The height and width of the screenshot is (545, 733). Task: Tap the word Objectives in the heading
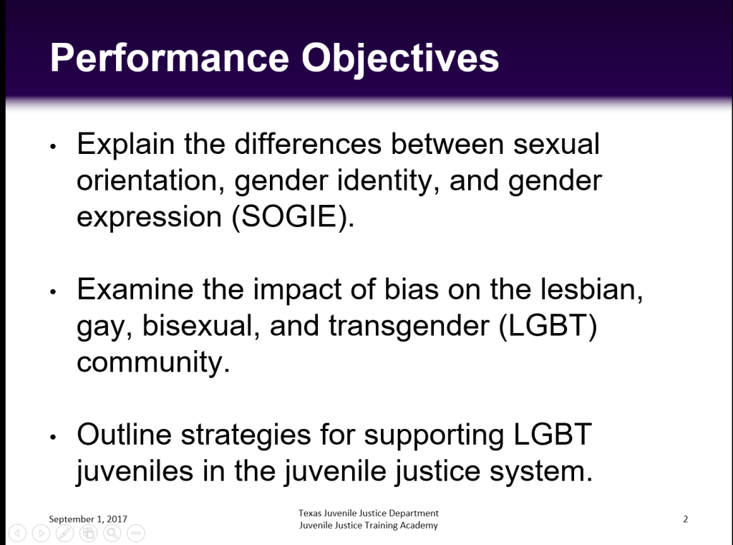400,59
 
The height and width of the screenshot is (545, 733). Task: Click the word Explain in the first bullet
126,145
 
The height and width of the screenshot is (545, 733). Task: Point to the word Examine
135,289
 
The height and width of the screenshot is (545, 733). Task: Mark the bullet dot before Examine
53,292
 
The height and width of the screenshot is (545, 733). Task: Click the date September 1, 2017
88,519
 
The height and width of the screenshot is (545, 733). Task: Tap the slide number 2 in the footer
685,519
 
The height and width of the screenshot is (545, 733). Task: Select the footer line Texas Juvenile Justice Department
369,513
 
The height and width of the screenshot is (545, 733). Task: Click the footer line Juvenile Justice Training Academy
369,526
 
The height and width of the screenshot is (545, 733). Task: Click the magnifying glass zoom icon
112,533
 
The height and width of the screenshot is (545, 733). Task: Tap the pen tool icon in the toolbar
64,533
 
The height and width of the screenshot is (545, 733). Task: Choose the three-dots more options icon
136,533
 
